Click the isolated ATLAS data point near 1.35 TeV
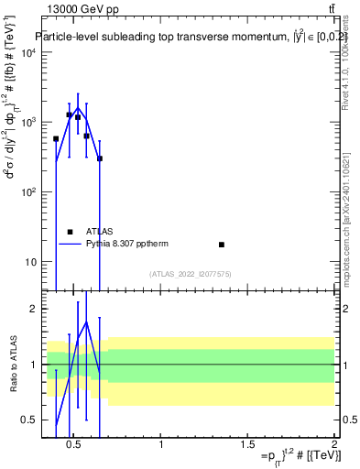click(x=222, y=245)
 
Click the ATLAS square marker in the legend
click(x=70, y=232)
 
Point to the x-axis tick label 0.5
click(x=75, y=445)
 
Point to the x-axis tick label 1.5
click(x=247, y=445)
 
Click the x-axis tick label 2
click(x=333, y=445)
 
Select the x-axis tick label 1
click(x=161, y=445)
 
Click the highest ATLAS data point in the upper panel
click(x=70, y=115)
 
